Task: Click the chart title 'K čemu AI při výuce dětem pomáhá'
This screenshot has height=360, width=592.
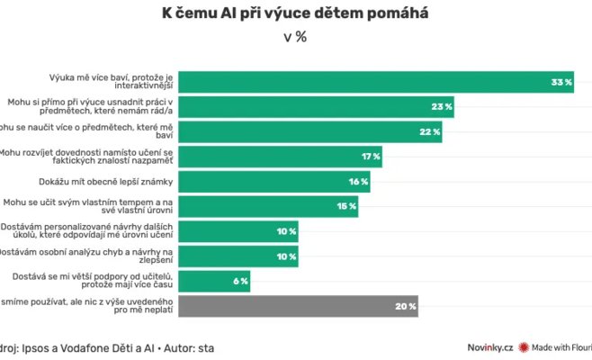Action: pyautogui.click(x=295, y=13)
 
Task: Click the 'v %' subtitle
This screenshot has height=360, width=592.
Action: pyautogui.click(x=295, y=38)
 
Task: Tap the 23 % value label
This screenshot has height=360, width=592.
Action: pyautogui.click(x=441, y=107)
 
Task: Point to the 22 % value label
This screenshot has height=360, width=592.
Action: pyautogui.click(x=430, y=132)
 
